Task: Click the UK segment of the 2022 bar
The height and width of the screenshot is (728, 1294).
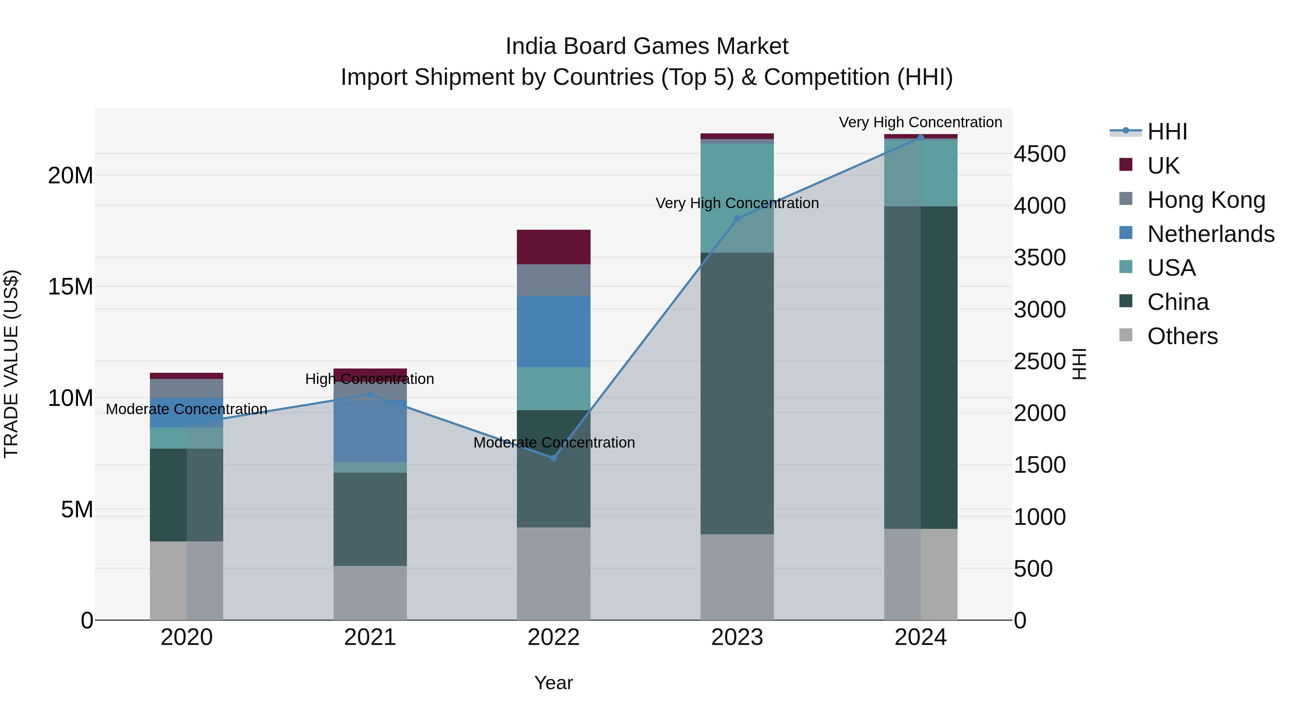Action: click(554, 247)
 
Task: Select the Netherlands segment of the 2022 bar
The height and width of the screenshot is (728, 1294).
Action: click(554, 331)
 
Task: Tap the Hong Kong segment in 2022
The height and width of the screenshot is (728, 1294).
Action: click(554, 280)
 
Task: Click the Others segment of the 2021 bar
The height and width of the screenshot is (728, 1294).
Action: click(370, 593)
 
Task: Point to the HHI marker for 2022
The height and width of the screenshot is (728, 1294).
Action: click(554, 458)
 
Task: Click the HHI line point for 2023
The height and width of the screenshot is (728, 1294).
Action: click(737, 219)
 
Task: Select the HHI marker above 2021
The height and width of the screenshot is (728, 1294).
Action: click(370, 394)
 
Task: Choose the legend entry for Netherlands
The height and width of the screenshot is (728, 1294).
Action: click(1210, 234)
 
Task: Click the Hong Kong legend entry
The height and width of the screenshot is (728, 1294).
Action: click(1206, 200)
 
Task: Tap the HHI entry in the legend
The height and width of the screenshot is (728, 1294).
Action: click(1167, 132)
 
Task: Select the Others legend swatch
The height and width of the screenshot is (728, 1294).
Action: click(1126, 335)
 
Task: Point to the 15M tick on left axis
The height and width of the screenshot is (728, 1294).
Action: click(70, 287)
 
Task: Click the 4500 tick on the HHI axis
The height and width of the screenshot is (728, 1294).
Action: click(1039, 154)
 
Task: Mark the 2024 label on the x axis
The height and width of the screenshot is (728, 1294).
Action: click(920, 637)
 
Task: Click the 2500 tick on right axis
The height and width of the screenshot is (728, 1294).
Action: click(1039, 361)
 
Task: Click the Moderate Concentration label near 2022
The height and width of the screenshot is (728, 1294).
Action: click(554, 443)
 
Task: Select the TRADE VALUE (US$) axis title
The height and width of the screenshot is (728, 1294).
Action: click(11, 364)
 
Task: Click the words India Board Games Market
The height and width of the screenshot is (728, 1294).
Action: click(647, 46)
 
